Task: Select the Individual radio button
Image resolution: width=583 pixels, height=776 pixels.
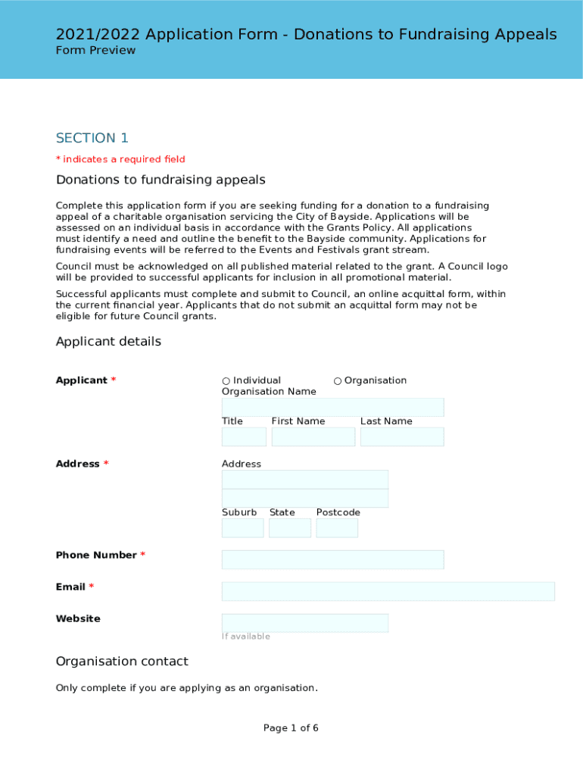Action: click(226, 381)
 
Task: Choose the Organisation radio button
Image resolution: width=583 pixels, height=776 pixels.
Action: click(338, 381)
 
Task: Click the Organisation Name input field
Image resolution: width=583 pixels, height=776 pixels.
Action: click(332, 408)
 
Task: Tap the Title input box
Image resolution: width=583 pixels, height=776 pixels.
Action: click(244, 437)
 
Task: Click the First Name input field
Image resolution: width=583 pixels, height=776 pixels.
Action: click(313, 437)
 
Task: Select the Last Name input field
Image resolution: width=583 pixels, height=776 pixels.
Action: click(402, 437)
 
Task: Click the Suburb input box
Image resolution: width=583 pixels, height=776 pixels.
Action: click(242, 528)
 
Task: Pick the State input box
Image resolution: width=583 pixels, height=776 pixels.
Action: click(290, 528)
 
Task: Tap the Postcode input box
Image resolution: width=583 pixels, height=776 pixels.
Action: click(337, 528)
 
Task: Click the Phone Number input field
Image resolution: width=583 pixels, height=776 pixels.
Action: click(332, 560)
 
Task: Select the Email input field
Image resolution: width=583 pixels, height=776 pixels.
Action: click(388, 592)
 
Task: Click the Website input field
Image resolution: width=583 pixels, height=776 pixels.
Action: click(304, 624)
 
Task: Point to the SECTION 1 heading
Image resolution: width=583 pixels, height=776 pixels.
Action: click(92, 138)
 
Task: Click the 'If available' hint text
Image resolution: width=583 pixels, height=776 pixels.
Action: click(245, 637)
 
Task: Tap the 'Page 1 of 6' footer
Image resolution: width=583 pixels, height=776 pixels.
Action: click(291, 728)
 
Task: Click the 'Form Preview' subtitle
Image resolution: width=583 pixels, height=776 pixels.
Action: click(95, 51)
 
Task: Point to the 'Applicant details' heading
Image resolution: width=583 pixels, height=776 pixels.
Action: click(108, 342)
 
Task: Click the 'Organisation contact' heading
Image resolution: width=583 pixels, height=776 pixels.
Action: click(122, 662)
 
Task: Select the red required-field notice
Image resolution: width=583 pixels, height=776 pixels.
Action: click(120, 159)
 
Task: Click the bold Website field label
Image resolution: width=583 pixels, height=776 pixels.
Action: click(78, 619)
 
